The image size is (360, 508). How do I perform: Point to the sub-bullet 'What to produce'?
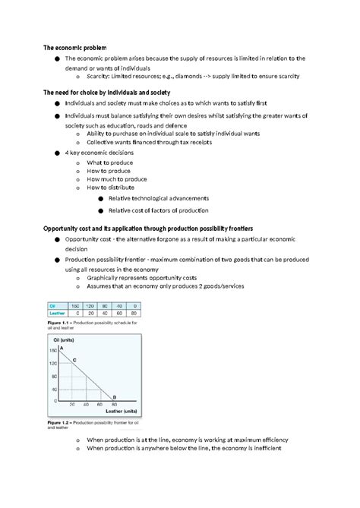coord(109,162)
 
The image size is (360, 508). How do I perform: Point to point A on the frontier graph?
coord(61,348)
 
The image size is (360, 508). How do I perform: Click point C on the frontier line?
coord(73,359)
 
